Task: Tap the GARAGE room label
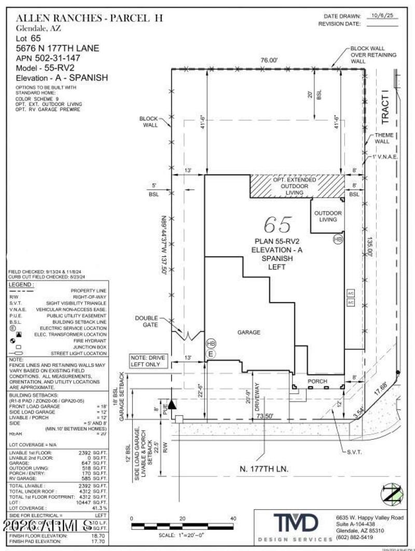point(248,332)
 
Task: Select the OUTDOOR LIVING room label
point(328,216)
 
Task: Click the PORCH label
point(318,382)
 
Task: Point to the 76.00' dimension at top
point(269,61)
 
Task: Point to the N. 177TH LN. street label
point(264,468)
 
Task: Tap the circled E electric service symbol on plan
point(211,354)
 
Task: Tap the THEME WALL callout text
point(385,138)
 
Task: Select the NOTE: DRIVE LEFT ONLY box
point(150,361)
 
